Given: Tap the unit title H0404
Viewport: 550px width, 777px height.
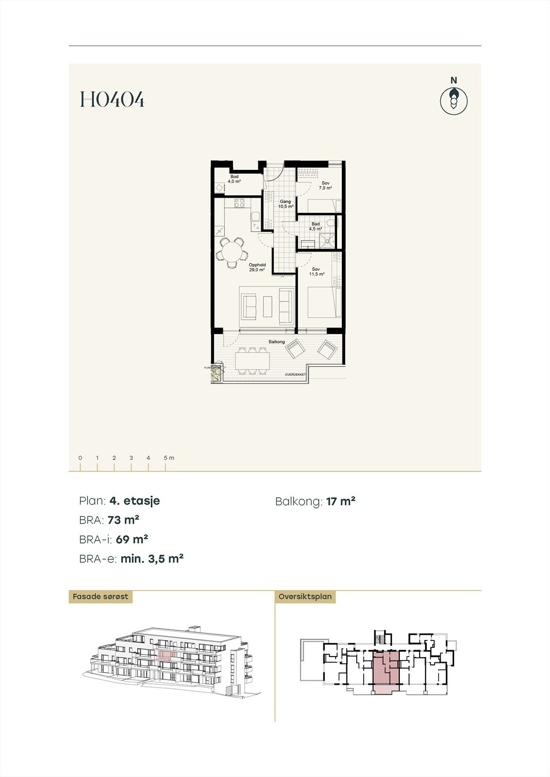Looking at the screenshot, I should (x=112, y=100).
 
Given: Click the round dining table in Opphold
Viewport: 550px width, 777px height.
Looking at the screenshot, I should (x=231, y=252).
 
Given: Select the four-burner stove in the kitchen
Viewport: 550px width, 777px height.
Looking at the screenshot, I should (x=239, y=203).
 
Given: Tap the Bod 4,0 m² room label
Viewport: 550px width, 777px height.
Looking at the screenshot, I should (x=234, y=179).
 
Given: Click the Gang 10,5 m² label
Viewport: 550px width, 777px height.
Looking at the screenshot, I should (x=285, y=204).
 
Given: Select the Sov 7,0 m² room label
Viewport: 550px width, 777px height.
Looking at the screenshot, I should (x=325, y=186).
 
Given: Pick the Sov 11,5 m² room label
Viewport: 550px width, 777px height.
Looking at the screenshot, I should (x=316, y=271).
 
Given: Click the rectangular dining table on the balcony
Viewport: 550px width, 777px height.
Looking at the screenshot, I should (x=252, y=360).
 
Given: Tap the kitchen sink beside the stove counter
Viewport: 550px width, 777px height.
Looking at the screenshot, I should (x=255, y=216).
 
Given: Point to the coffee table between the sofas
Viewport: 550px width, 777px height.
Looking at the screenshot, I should (x=267, y=306).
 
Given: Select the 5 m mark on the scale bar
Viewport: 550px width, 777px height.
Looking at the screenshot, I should (x=166, y=458).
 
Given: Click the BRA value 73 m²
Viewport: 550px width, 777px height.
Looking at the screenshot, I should (x=124, y=520).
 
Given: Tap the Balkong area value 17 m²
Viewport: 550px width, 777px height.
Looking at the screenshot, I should (x=341, y=501).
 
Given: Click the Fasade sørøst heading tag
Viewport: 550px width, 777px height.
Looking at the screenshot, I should (x=100, y=596).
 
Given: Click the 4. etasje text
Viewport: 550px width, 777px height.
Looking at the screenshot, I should (x=135, y=501).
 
